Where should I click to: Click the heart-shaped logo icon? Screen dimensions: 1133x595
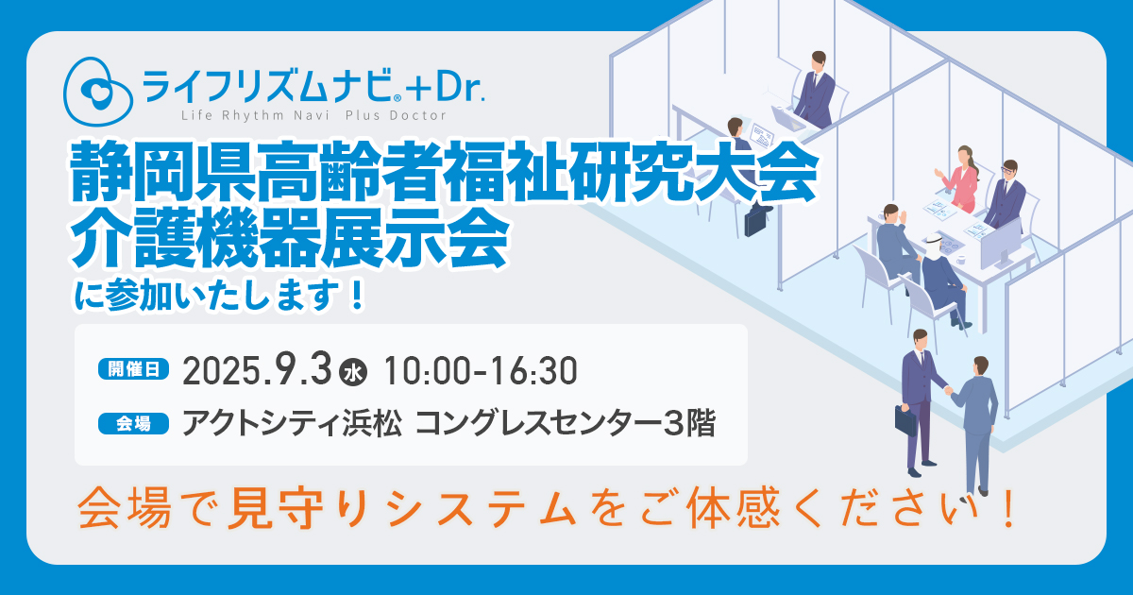point(98,91)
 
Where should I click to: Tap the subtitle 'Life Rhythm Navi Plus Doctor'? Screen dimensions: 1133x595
point(314,116)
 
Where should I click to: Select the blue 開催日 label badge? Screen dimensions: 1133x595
point(133,369)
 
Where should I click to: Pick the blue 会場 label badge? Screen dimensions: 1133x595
point(133,423)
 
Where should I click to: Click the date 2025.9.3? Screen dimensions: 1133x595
point(257,370)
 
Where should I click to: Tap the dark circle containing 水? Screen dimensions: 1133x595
point(353,373)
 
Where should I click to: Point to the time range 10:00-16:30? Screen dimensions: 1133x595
point(481,371)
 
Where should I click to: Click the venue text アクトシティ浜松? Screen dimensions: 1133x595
point(292,423)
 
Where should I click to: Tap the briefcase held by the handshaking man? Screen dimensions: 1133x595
point(905,420)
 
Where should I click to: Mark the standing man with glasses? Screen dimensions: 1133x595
point(1006,195)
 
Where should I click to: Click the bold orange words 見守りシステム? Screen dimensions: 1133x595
point(402,508)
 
